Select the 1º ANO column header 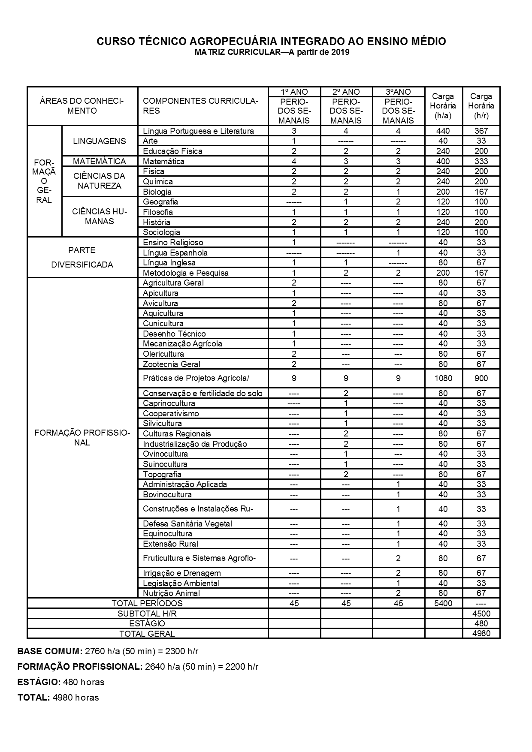click(294, 92)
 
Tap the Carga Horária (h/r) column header click(481, 106)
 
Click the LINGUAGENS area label click(100, 141)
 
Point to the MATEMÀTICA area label click(100, 161)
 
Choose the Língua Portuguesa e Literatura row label click(198, 131)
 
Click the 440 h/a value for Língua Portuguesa click(443, 131)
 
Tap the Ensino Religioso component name click(173, 242)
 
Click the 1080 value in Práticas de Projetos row click(443, 378)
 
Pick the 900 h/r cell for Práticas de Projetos click(481, 378)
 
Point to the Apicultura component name click(160, 293)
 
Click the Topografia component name click(162, 474)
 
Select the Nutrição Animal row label click(171, 593)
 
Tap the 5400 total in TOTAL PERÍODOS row click(443, 603)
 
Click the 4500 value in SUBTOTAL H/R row click(481, 613)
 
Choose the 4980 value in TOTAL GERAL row click(481, 633)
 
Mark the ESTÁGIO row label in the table click(147, 623)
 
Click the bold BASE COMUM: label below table click(50, 651)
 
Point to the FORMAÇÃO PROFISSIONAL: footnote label click(79, 667)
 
